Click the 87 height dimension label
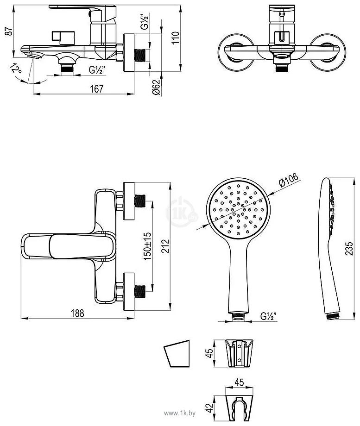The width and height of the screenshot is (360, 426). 10,31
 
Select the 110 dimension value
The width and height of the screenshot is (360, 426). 176,38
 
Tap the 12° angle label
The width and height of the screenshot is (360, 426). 16,69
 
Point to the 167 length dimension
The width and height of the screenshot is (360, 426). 96,88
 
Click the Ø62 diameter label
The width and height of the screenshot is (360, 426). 156,87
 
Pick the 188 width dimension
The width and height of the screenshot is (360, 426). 77,313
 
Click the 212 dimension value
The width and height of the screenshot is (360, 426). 165,246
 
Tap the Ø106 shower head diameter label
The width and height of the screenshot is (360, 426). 289,180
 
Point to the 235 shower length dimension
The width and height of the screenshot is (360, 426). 349,249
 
